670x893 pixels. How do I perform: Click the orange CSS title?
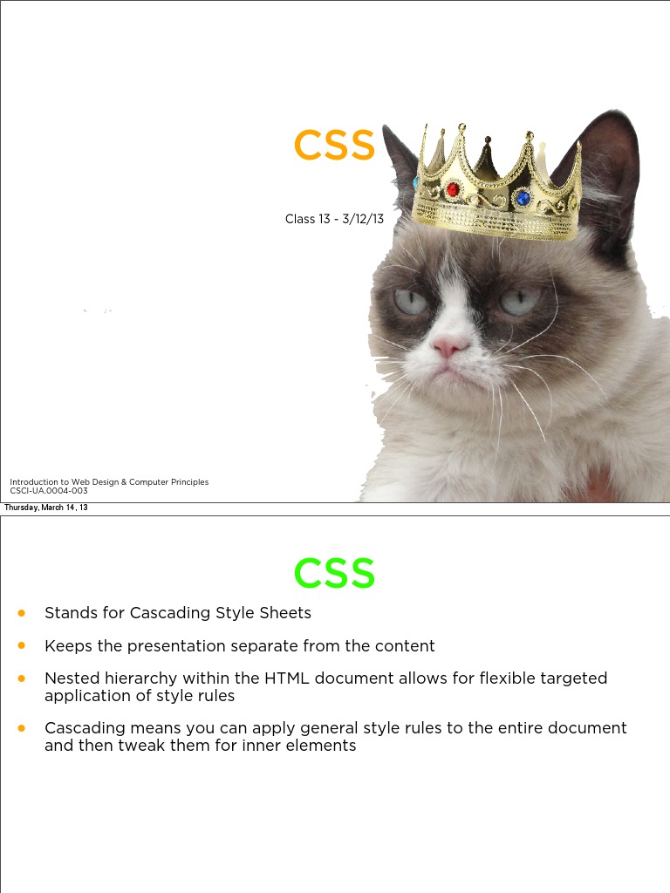(x=334, y=146)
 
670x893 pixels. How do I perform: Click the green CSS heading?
(x=334, y=573)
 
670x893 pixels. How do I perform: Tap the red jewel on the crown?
(x=452, y=188)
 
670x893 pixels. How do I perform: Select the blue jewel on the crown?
(x=523, y=198)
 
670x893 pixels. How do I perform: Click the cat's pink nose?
(x=450, y=346)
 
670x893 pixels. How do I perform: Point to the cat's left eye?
(x=409, y=301)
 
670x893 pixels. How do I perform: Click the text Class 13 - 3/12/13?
(x=334, y=219)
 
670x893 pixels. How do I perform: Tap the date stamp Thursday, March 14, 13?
(x=45, y=508)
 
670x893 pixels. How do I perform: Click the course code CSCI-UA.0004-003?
(x=49, y=491)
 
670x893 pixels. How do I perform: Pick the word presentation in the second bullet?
(x=176, y=646)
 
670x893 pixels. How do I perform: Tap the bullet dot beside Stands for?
(x=22, y=613)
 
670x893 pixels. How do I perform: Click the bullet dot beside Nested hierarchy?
(x=22, y=678)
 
